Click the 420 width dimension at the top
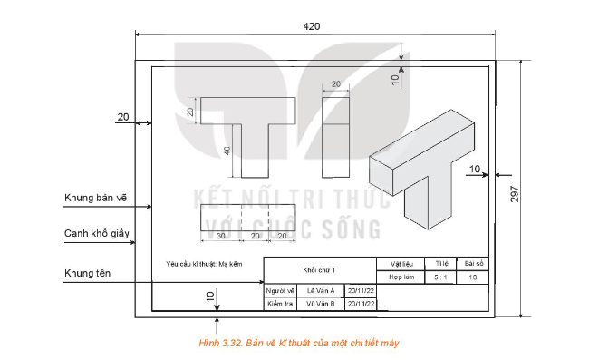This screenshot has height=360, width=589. [311, 26]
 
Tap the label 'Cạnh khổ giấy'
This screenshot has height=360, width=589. [97, 233]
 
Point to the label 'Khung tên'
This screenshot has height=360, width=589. [88, 273]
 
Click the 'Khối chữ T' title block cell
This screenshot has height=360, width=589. [319, 270]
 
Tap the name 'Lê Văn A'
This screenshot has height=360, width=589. [320, 290]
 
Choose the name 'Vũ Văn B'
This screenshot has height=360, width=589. [320, 304]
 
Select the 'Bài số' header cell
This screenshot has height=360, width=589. [474, 263]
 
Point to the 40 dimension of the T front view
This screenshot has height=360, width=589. [227, 151]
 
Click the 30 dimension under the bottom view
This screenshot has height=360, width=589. [220, 236]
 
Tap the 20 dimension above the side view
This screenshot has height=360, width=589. [335, 84]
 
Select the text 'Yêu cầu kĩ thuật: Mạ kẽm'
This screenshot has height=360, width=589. [205, 264]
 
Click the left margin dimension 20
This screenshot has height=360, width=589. [123, 117]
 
